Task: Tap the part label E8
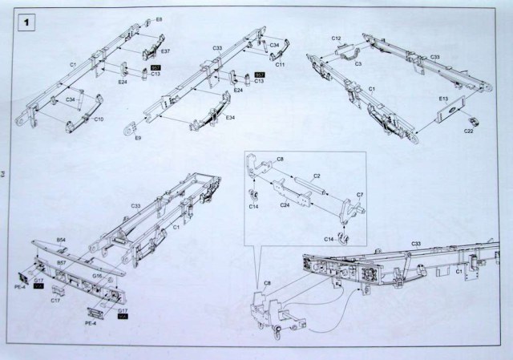(159, 19)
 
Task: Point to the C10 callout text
(99, 119)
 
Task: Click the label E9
(138, 138)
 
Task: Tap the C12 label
(337, 38)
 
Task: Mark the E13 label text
(442, 98)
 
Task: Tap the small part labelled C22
(473, 121)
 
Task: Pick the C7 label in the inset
(360, 195)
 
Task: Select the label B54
(61, 239)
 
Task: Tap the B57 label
(60, 263)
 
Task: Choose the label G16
(96, 275)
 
